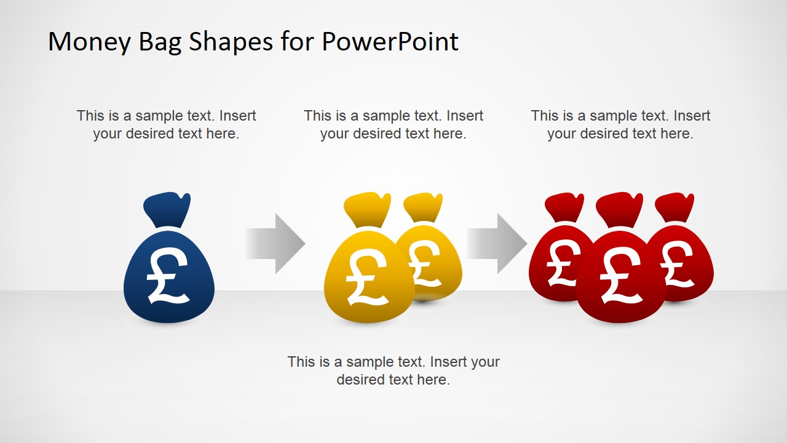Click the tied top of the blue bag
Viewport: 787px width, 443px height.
point(167,209)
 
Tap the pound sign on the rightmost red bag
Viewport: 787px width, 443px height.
point(678,263)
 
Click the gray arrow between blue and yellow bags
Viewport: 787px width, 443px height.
point(275,244)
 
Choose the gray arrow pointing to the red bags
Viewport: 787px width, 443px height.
point(497,244)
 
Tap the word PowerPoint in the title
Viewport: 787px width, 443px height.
point(390,42)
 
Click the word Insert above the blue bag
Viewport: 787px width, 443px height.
point(237,116)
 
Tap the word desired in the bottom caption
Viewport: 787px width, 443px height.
point(361,380)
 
